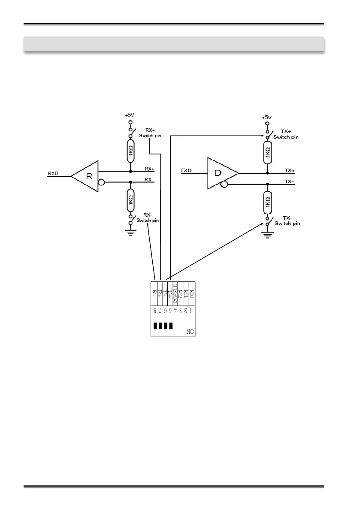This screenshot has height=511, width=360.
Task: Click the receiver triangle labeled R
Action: (88, 176)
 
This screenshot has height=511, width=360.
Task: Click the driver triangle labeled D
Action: (220, 173)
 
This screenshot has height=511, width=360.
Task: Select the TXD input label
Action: (186, 170)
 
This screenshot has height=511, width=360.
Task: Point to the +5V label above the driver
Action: (267, 117)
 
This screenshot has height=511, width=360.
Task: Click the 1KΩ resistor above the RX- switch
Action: (130, 200)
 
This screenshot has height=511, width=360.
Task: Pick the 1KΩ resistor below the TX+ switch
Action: (267, 153)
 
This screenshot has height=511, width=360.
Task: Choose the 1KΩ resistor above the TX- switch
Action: (267, 202)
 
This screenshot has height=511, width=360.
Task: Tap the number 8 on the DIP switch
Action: (155, 309)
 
